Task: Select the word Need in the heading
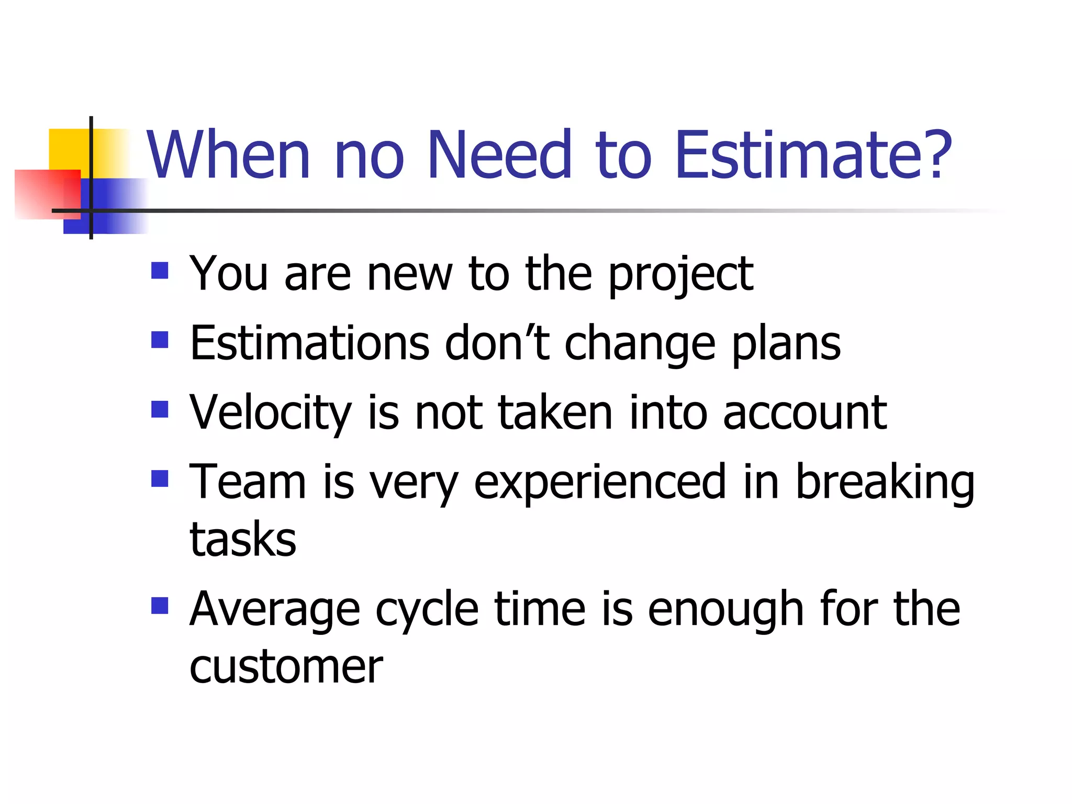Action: [x=500, y=155]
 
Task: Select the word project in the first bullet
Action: [x=680, y=275]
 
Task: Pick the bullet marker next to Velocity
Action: [x=160, y=409]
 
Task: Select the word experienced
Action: [x=599, y=483]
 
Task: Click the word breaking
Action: [x=885, y=483]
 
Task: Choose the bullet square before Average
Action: [x=160, y=606]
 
